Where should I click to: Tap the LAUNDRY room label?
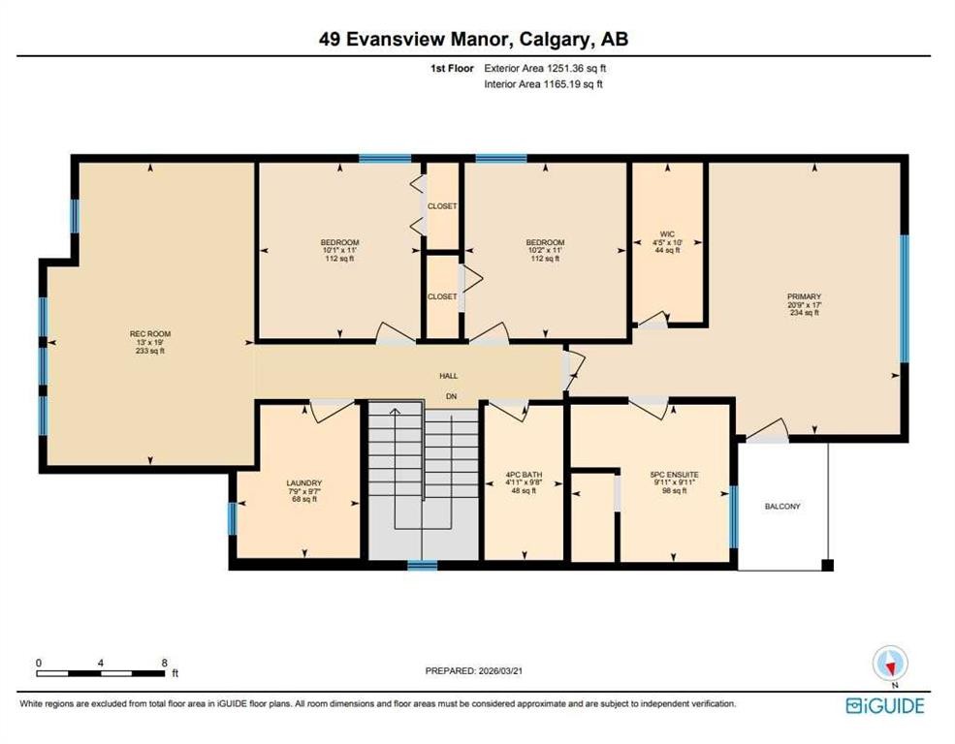(303, 483)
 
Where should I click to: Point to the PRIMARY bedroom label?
(804, 296)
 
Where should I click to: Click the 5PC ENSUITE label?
(675, 475)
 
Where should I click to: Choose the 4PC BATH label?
(524, 475)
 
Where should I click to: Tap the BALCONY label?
(782, 507)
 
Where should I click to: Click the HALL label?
(448, 376)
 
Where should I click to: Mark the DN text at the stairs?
(451, 396)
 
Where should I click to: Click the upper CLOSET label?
(442, 206)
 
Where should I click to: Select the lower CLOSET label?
(442, 296)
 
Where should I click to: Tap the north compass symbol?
(890, 664)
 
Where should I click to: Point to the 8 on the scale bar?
(164, 664)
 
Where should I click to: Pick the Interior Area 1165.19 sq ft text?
(544, 84)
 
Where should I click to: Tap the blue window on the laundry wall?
(232, 517)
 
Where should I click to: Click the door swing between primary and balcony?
(767, 430)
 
